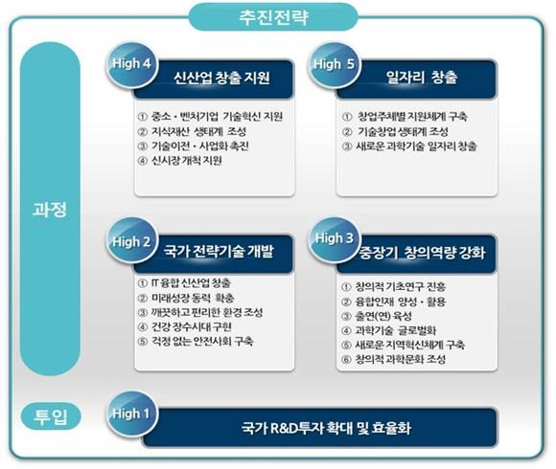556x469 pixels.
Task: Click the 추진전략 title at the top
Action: (x=278, y=15)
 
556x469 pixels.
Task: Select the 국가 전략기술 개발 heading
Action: (x=219, y=253)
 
